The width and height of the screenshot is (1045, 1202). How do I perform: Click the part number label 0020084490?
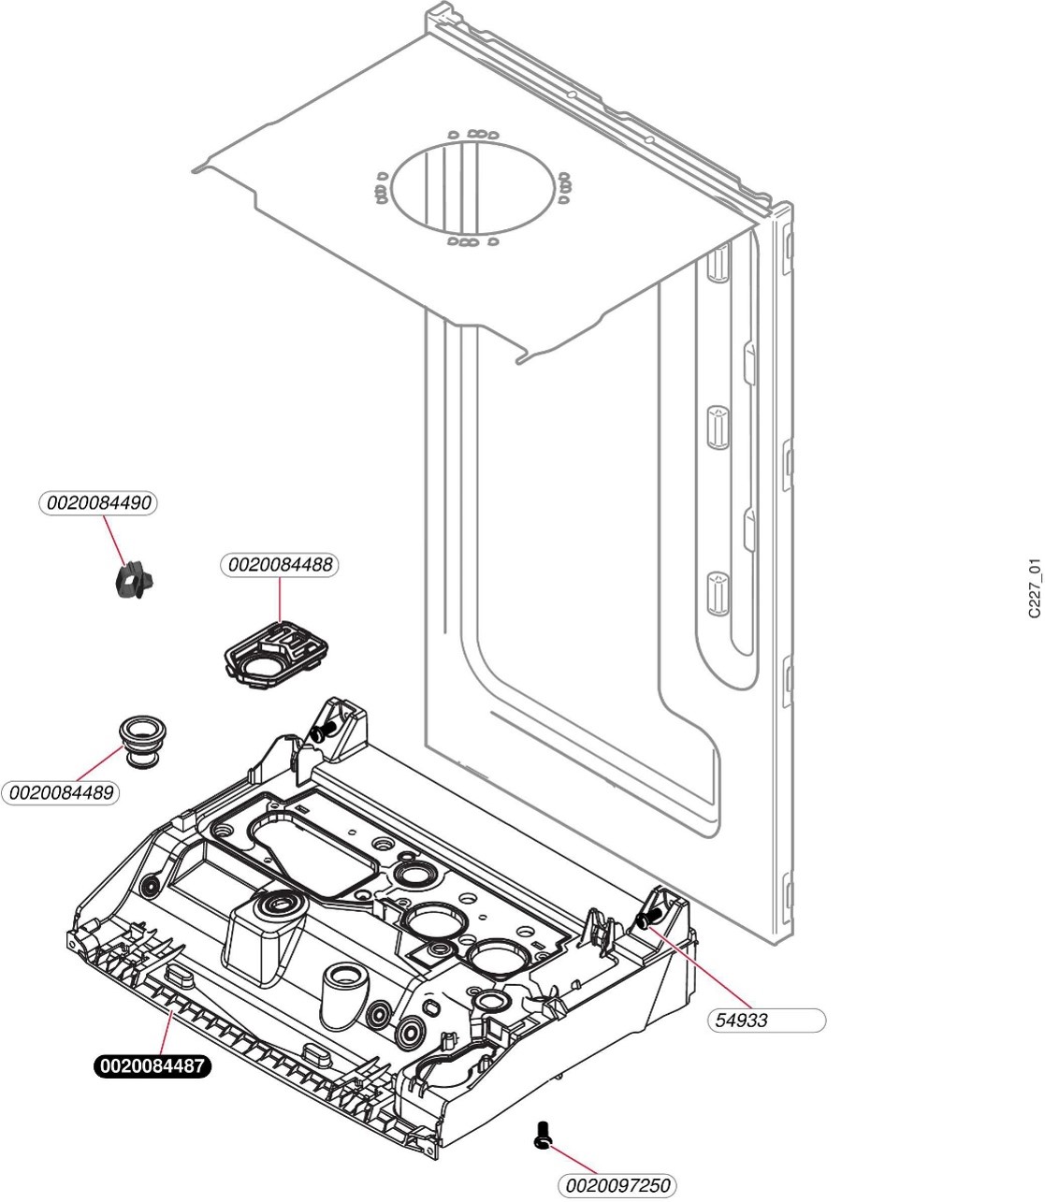click(x=98, y=503)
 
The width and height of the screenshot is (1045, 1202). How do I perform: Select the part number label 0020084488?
click(x=280, y=565)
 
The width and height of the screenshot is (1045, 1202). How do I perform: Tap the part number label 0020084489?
click(x=61, y=792)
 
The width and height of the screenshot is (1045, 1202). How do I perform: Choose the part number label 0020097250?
click(x=617, y=1185)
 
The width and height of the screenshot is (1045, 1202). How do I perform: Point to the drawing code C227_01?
click(x=1035, y=588)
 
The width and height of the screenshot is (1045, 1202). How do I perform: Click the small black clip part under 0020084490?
click(x=134, y=581)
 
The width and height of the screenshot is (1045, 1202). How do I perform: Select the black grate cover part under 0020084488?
click(x=275, y=655)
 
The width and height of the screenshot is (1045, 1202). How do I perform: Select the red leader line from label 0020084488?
click(x=280, y=599)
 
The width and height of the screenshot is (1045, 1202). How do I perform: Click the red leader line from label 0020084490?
click(x=114, y=541)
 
